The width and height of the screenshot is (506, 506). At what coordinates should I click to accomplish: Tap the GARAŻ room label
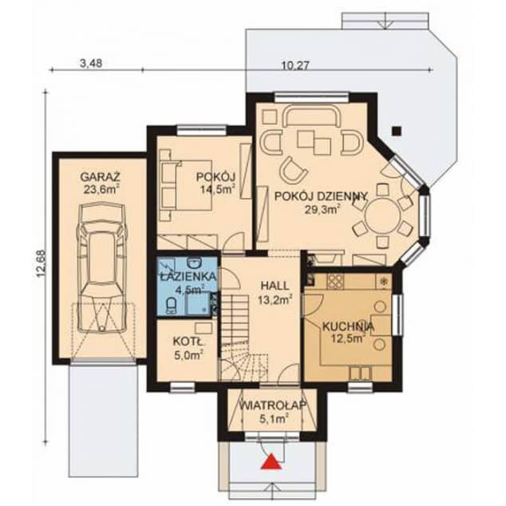click(99, 177)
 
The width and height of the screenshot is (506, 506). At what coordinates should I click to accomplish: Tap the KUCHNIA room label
click(348, 326)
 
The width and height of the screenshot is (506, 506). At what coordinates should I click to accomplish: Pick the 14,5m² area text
click(216, 191)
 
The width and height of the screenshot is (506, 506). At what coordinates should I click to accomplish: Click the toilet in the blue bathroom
click(192, 302)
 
